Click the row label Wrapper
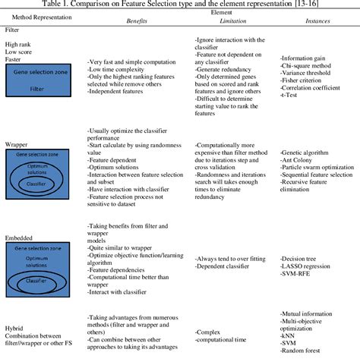tap(17, 142)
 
